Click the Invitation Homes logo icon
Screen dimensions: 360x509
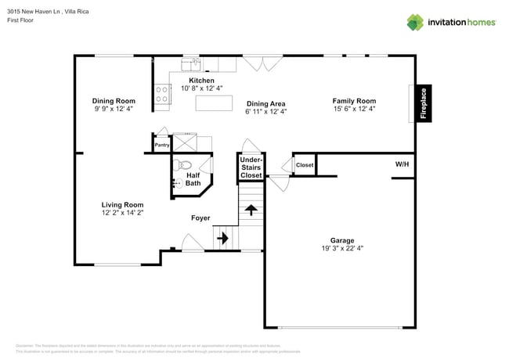point(415,22)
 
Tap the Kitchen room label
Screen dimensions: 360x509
point(201,81)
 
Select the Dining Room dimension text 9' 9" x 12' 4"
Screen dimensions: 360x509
point(114,110)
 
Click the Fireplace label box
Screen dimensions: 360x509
point(424,103)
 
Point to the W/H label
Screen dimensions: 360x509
point(402,165)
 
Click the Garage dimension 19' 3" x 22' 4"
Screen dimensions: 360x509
point(341,248)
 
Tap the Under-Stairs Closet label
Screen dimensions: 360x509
point(251,167)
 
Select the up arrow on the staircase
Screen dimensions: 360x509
point(251,210)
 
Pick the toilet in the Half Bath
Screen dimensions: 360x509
point(185,165)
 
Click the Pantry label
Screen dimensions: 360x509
point(162,145)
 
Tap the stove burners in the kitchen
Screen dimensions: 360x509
point(163,94)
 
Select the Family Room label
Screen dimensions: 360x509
point(354,101)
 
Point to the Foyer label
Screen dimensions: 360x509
point(200,218)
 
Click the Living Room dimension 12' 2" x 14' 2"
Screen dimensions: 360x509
point(122,212)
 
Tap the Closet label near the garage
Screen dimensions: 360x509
point(305,165)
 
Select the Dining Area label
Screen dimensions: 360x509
point(265,103)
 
